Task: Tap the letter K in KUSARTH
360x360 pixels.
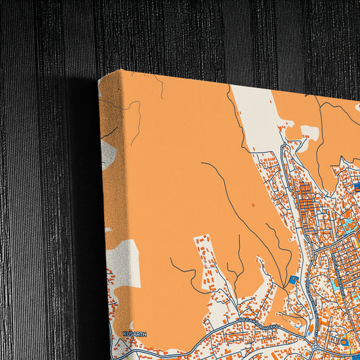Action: (x=124, y=334)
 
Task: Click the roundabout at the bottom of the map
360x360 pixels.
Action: (x=316, y=346)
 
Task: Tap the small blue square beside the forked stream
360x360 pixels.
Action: (x=293, y=279)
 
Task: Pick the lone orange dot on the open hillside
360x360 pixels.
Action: (x=253, y=203)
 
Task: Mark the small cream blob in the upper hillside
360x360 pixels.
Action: (x=309, y=132)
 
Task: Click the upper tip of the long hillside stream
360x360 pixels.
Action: (x=203, y=163)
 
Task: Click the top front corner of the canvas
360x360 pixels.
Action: (x=122, y=70)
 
